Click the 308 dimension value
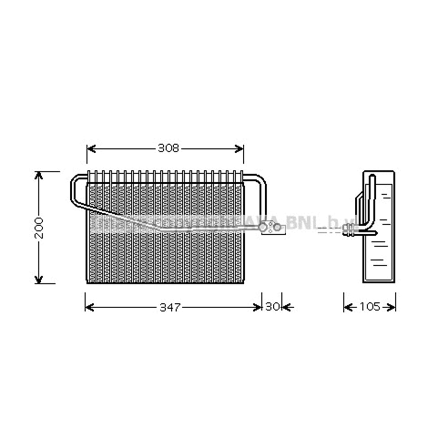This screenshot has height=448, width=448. pos(168,148)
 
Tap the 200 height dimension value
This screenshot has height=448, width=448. pos(39,227)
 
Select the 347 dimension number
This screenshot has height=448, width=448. pos(170,307)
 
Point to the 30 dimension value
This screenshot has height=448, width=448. pos(272,307)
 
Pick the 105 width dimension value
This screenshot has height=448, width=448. pos(370,307)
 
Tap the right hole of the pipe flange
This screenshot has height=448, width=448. pos(278,228)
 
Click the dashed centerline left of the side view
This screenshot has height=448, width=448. pos(329,230)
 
